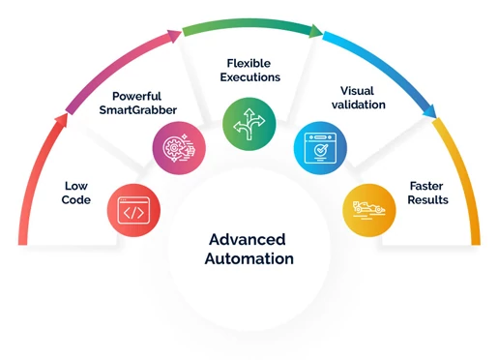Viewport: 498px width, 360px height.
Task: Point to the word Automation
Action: pyautogui.click(x=249, y=259)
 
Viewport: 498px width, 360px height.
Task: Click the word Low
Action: pyautogui.click(x=76, y=185)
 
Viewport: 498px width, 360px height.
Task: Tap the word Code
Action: pyautogui.click(x=76, y=200)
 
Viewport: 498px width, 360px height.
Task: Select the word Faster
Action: pyautogui.click(x=426, y=185)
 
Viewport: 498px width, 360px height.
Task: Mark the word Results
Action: pyautogui.click(x=426, y=200)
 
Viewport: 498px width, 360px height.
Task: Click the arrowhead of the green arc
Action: pyautogui.click(x=315, y=30)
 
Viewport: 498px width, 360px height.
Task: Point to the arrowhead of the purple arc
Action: pyautogui.click(x=173, y=35)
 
